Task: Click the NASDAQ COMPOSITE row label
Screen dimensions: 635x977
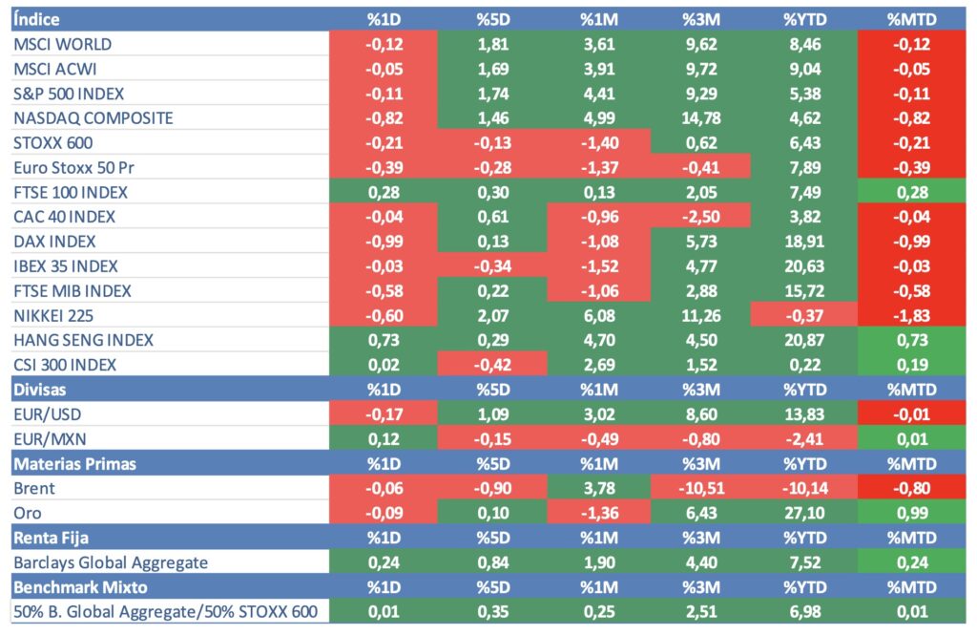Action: click(x=94, y=118)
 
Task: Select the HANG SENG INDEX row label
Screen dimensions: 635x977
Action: click(x=84, y=340)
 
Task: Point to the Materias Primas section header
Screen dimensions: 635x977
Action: click(x=74, y=463)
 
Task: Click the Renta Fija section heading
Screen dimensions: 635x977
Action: click(x=51, y=538)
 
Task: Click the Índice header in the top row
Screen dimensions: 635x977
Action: click(x=37, y=19)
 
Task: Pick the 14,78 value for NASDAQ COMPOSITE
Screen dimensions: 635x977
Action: click(x=700, y=118)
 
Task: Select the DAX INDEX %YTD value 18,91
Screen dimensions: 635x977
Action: click(x=803, y=242)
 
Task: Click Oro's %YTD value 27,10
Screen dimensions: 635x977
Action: click(x=803, y=513)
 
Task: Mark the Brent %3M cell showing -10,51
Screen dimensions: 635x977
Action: click(x=700, y=488)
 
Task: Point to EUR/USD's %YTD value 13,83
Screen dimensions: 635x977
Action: click(x=803, y=413)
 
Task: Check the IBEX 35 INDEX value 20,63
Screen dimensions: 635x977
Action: click(x=803, y=266)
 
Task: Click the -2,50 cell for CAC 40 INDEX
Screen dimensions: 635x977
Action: click(x=700, y=217)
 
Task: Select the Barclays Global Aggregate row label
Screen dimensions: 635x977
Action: click(x=111, y=562)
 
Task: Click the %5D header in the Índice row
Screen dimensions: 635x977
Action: click(x=493, y=19)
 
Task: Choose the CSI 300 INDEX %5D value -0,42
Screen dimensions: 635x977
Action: click(x=493, y=365)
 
